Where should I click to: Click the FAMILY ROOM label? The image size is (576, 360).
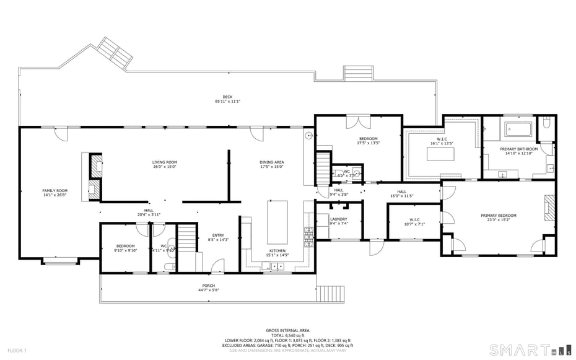55,190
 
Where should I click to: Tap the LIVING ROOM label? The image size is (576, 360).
165,162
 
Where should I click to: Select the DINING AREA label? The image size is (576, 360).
271,162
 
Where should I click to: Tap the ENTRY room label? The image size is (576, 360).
218,235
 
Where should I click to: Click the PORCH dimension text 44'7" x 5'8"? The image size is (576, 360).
209,290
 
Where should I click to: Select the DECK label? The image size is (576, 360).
227,97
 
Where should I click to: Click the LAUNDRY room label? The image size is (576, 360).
338,219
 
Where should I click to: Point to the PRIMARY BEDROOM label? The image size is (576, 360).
498,216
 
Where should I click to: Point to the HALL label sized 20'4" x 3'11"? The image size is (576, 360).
149,210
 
